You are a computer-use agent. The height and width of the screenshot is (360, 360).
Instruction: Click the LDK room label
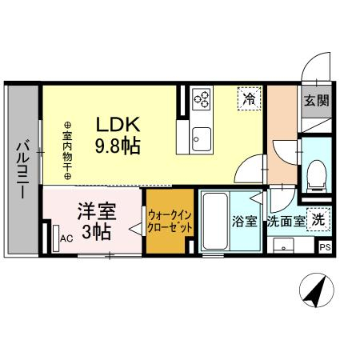tap(119, 125)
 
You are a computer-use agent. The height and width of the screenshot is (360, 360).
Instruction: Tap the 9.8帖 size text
tap(119, 146)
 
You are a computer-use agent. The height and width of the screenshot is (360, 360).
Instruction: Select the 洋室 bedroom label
tap(97, 212)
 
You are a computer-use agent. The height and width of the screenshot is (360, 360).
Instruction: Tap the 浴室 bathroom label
tap(244, 222)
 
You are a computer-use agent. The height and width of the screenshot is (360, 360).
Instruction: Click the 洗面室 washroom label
tap(286, 222)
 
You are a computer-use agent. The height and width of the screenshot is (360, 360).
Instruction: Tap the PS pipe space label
tap(325, 248)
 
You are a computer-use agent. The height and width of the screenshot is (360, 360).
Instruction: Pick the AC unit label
tap(66, 238)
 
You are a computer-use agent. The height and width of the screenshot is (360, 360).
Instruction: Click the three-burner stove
tap(202, 99)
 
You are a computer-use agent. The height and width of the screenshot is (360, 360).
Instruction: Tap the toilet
tap(318, 174)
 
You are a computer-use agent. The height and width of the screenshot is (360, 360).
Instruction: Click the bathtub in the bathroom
tap(214, 222)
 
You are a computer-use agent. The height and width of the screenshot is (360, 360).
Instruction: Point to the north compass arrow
tap(315, 290)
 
